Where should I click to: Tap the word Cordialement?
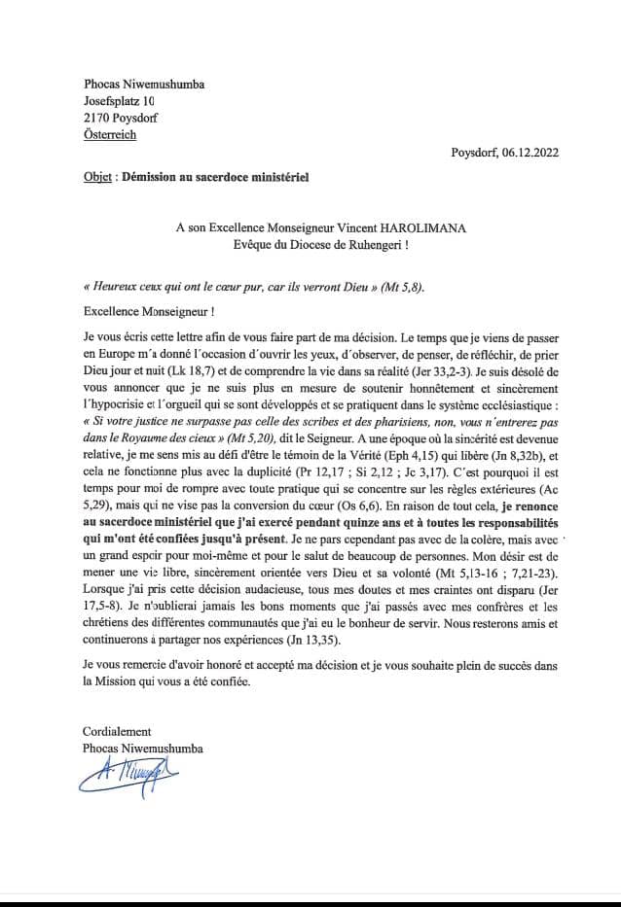pos(118,731)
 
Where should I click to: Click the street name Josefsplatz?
pos(112,100)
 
